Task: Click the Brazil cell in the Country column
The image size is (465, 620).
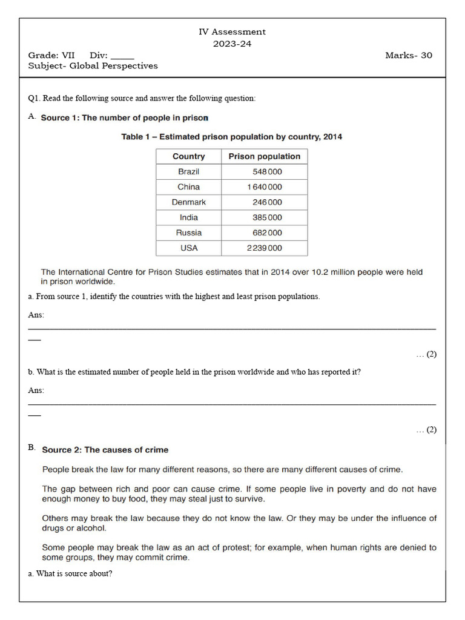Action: (188, 171)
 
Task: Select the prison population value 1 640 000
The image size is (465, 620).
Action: (264, 187)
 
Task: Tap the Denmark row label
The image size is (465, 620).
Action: (188, 202)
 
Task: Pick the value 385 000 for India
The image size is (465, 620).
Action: (267, 217)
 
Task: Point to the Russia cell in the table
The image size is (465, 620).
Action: (188, 232)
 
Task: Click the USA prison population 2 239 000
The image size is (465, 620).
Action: (264, 248)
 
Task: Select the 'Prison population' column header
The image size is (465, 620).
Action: (264, 156)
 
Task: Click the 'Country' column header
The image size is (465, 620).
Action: (188, 156)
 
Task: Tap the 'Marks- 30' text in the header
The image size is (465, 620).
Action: (409, 55)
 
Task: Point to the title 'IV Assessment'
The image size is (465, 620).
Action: (232, 31)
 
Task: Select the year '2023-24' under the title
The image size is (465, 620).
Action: (232, 44)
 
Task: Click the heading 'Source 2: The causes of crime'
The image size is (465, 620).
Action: (105, 450)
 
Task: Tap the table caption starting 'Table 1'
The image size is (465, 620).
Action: (231, 137)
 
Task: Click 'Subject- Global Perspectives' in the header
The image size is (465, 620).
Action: (93, 66)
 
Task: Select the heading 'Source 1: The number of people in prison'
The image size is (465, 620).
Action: (124, 118)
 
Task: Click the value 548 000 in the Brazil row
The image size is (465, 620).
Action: (267, 171)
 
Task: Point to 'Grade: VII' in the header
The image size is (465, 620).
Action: (51, 55)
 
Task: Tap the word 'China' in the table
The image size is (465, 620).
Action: (188, 187)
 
